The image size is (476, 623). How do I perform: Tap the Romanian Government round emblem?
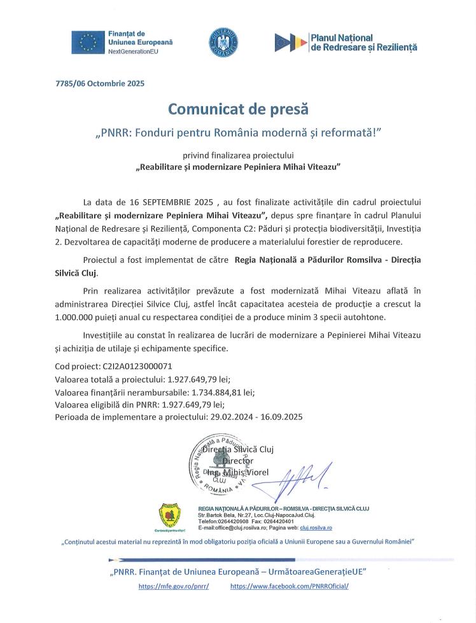coord(223,42)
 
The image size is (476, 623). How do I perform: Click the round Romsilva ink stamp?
coord(220,466)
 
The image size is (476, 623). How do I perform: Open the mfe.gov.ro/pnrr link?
coord(173,586)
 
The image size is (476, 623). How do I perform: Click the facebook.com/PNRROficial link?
coord(290,586)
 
